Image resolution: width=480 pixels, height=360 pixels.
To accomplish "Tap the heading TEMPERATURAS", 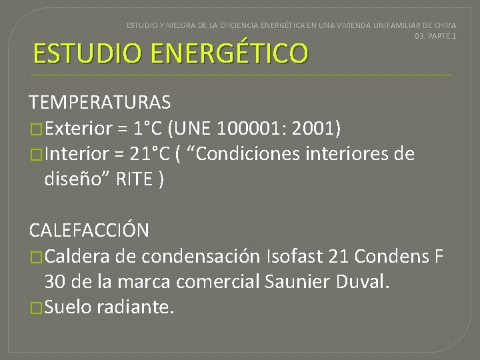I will tap(99, 102).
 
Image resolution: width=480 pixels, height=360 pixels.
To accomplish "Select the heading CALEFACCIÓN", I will tap(89, 230).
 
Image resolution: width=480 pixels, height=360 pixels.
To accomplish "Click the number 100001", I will tap(255, 127).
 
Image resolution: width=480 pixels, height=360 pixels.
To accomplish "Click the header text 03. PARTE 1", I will tap(435, 35).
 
